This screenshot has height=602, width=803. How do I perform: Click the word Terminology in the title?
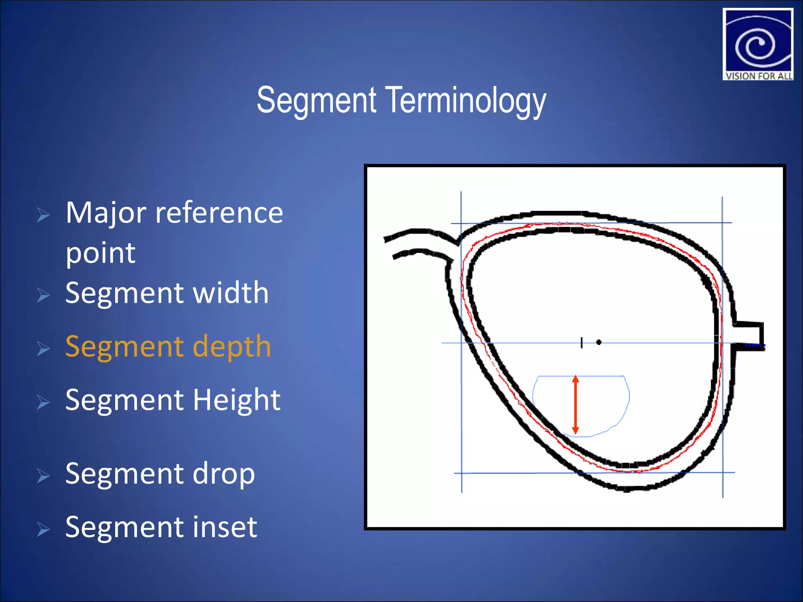[467, 101]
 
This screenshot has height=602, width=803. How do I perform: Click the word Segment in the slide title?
[317, 101]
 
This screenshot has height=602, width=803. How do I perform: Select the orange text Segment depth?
[168, 346]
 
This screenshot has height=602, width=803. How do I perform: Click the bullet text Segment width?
[167, 293]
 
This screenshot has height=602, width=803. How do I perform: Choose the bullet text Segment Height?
[173, 400]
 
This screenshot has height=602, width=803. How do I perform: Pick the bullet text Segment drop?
[160, 474]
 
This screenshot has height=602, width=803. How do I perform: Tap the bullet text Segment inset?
[161, 527]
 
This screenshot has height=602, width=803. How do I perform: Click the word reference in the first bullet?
[219, 213]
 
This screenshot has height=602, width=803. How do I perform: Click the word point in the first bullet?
[100, 253]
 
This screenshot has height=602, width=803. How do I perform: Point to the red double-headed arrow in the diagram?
[575, 405]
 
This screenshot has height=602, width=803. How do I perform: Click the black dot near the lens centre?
[599, 342]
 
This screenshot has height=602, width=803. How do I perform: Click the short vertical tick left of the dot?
[582, 343]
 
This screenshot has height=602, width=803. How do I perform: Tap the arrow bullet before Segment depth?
[43, 348]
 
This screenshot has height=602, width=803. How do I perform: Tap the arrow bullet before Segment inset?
[43, 529]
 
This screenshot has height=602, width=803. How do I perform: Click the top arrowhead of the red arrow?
[575, 379]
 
